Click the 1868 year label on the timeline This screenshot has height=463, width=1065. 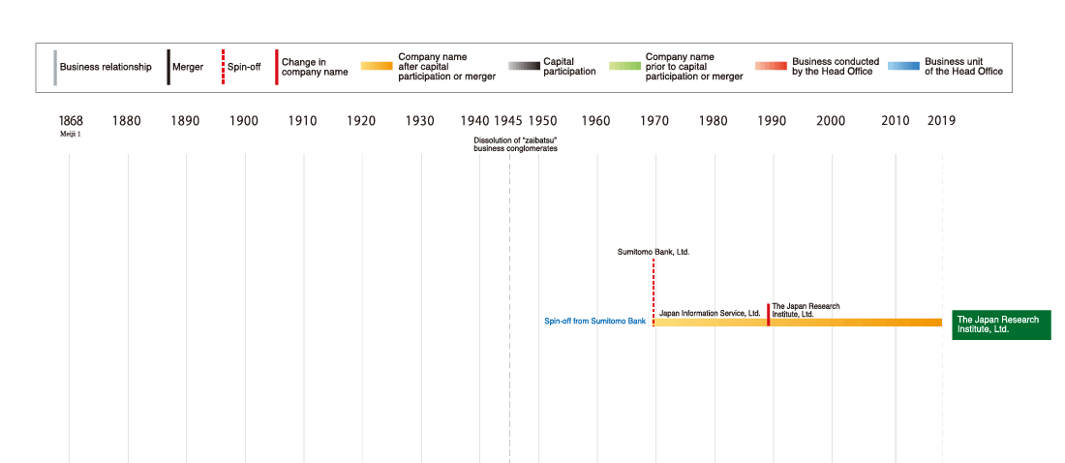coord(71,121)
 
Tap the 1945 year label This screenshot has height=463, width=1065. coord(508,121)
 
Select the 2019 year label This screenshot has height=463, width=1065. coord(941,121)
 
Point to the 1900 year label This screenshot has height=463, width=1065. coord(245,121)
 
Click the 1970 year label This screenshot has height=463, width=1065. coord(654,121)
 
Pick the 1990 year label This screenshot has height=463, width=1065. coord(772,121)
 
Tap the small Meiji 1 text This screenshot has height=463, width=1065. coord(71,135)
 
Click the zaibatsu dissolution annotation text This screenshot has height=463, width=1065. coord(515,144)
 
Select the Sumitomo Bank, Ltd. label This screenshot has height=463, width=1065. coord(654,252)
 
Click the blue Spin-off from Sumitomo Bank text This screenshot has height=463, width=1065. coord(594,321)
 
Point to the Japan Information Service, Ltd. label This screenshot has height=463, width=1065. coord(710,314)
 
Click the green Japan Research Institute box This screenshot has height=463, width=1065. coord(1001,324)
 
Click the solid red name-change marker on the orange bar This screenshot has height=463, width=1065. coord(769,315)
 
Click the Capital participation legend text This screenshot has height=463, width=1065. coord(569,67)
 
